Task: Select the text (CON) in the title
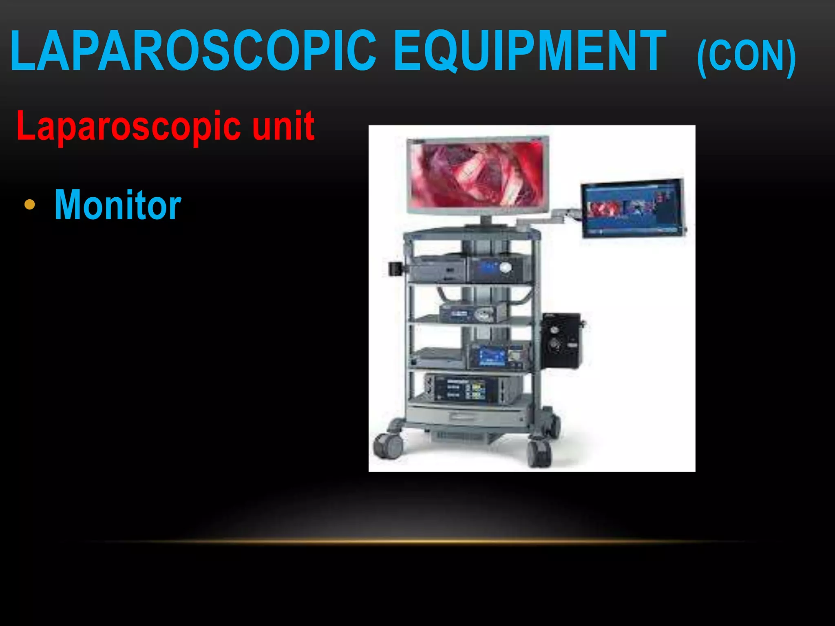click(746, 57)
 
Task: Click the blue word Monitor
click(118, 205)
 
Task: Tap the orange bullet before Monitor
click(29, 205)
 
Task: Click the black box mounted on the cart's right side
click(561, 340)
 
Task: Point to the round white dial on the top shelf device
click(506, 267)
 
